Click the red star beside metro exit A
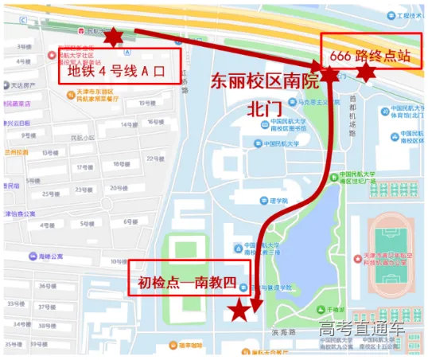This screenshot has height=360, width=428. pyautogui.click(x=114, y=37)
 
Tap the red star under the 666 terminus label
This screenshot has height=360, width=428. pyautogui.click(x=365, y=72)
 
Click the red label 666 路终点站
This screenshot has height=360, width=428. pyautogui.click(x=371, y=54)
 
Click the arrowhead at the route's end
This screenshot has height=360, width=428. pyautogui.click(x=255, y=303)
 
